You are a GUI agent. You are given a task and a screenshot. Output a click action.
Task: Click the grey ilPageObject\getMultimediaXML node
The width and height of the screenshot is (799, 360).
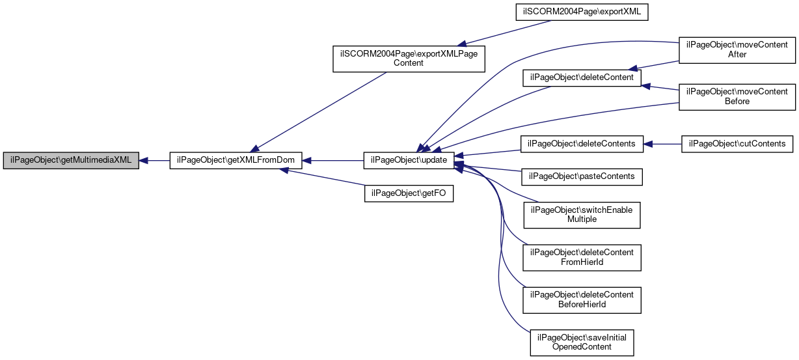pos(71,161)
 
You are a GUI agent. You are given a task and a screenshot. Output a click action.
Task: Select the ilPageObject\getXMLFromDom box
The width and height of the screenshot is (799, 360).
pos(236,161)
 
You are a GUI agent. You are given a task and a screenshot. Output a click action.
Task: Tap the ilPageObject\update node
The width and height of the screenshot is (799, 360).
pos(409,161)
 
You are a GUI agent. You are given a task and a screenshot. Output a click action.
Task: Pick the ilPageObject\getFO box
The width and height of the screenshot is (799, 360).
pos(409,193)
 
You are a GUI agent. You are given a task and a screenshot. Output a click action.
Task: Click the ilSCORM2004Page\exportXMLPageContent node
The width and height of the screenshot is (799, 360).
pos(409,59)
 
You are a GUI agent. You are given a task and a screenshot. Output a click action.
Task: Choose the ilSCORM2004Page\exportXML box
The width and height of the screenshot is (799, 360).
pos(582,12)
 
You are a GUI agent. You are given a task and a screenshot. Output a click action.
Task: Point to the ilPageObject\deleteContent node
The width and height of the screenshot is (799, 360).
pos(582,77)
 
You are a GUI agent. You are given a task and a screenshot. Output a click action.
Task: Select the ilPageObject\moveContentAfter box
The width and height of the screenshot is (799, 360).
pos(737,50)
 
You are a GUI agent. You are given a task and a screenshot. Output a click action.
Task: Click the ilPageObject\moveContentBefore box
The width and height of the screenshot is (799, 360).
pos(737,97)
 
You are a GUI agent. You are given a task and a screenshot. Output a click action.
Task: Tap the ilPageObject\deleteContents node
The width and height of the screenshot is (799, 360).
pos(582,144)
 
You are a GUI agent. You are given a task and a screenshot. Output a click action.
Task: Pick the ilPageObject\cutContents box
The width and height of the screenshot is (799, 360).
pos(737,144)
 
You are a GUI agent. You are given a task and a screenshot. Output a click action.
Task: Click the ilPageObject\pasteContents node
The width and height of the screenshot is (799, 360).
pos(582,177)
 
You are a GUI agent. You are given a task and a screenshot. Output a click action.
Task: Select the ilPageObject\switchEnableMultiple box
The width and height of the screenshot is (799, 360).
pos(582,215)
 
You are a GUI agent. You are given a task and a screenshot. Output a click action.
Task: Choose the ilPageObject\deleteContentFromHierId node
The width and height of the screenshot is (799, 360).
pos(582,258)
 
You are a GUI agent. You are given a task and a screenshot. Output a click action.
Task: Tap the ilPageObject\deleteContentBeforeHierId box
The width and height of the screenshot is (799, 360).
pos(582,300)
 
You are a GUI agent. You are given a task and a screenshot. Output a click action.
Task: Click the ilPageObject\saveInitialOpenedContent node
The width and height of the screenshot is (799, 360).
pos(582,343)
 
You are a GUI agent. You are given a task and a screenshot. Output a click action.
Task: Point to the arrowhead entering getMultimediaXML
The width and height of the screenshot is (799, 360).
pos(143,161)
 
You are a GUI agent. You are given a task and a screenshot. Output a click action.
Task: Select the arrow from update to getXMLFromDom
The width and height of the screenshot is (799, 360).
pos(332,161)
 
